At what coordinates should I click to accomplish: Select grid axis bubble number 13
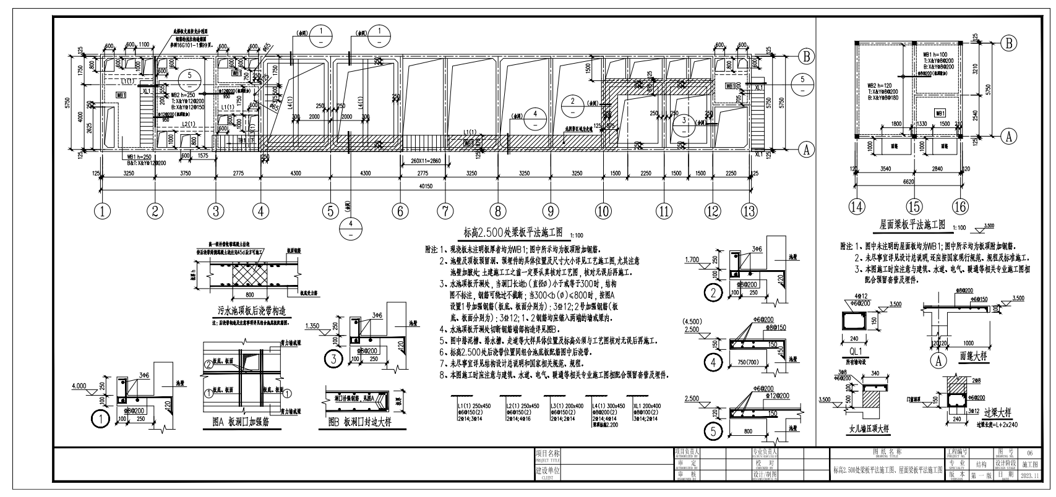pos(749,211)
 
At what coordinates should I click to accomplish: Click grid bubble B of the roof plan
pos(1009,43)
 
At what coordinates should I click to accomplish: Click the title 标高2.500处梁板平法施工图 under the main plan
pos(513,232)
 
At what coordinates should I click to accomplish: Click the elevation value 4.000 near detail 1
pos(79,386)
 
